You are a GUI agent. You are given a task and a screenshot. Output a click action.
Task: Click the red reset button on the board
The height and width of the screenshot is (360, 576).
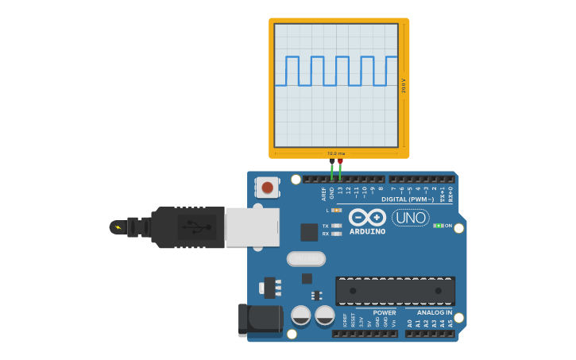click(267, 188)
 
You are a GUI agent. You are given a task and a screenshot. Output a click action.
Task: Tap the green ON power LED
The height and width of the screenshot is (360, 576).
click(438, 226)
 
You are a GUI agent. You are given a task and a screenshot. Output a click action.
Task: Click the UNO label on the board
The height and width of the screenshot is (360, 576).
click(410, 218)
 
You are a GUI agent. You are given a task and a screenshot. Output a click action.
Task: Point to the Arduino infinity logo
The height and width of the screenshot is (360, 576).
click(367, 217)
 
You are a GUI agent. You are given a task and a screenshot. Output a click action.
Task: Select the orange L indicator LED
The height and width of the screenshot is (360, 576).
click(337, 210)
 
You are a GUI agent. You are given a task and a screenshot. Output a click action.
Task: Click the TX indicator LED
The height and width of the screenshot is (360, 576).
click(337, 226)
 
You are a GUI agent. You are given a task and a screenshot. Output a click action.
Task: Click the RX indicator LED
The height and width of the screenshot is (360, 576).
click(337, 234)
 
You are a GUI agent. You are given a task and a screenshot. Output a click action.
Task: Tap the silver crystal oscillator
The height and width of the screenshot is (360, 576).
click(306, 259)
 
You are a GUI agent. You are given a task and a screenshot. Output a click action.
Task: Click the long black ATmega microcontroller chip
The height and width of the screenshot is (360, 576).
click(395, 291)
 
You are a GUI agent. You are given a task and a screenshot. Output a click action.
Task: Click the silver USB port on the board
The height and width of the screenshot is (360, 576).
click(252, 227)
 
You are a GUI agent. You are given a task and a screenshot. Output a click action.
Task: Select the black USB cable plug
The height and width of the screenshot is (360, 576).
click(187, 227)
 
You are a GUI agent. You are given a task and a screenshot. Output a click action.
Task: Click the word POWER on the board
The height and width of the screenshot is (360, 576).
click(385, 312)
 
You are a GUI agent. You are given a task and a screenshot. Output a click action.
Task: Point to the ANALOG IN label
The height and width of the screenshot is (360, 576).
click(435, 312)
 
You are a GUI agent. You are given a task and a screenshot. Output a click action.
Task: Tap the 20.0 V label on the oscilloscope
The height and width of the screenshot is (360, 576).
click(404, 86)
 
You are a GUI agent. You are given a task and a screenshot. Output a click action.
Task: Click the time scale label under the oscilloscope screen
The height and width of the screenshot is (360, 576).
click(336, 153)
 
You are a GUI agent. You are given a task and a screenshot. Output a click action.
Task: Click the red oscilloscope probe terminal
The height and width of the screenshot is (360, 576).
click(340, 161)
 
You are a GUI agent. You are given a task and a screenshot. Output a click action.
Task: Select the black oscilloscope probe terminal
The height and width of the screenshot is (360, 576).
click(332, 161)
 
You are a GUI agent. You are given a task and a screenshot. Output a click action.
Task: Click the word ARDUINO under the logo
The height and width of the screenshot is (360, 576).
click(367, 232)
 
